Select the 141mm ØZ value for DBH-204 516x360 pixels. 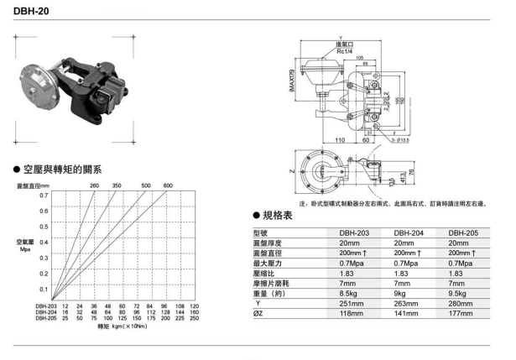pos(404,313)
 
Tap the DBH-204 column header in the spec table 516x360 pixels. pos(407,232)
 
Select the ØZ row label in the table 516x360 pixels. pos(259,313)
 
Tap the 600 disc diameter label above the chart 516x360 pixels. pos(168,185)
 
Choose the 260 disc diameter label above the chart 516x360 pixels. pos(94,185)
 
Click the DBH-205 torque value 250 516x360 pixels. pos(195,319)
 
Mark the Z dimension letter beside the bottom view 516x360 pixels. pos(292,171)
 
